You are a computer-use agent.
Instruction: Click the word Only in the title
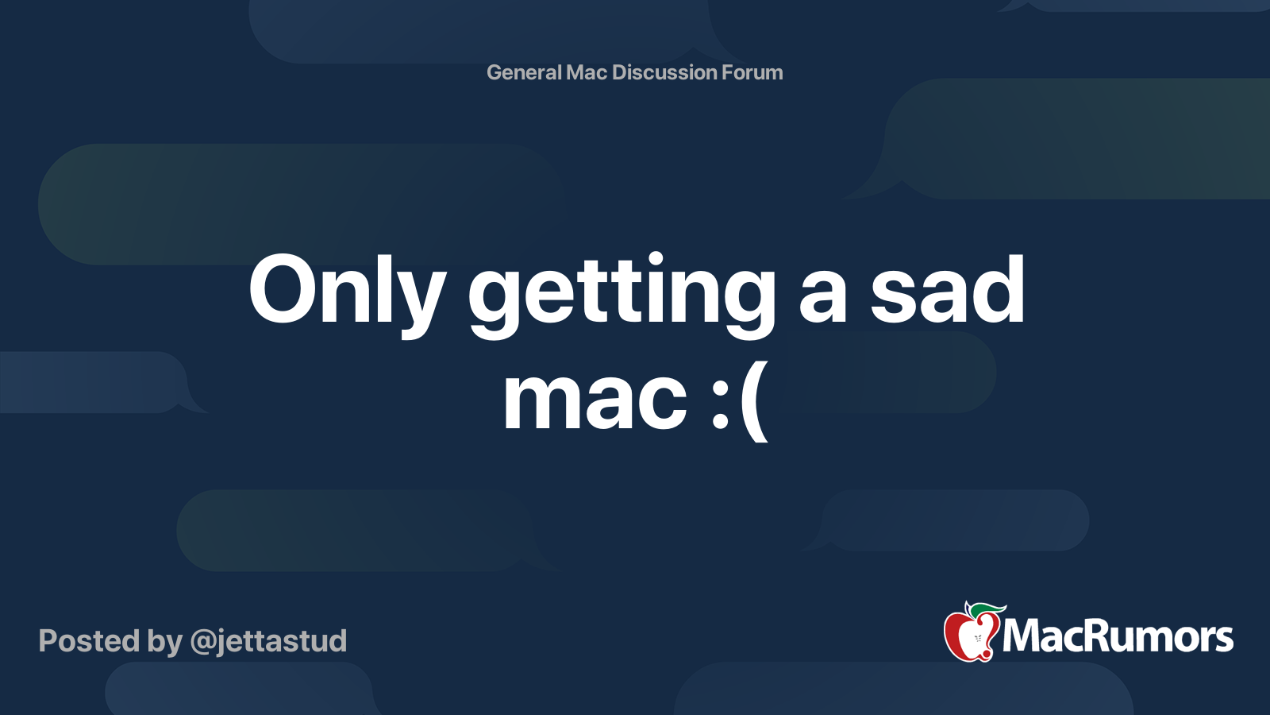pyautogui.click(x=347, y=291)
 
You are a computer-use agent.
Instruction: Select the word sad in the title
pyautogui.click(x=947, y=291)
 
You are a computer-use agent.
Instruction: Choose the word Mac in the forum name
pyautogui.click(x=587, y=72)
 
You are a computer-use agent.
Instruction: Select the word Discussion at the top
pyautogui.click(x=664, y=72)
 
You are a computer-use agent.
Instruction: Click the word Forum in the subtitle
pyautogui.click(x=752, y=72)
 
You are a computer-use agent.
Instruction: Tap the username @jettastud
pyautogui.click(x=268, y=641)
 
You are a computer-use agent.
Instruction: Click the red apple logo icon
pyautogui.click(x=969, y=636)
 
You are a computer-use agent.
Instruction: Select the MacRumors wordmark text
pyautogui.click(x=1118, y=637)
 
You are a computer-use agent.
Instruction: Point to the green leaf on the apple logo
pyautogui.click(x=989, y=609)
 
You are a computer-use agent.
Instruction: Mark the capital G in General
pyautogui.click(x=494, y=72)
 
